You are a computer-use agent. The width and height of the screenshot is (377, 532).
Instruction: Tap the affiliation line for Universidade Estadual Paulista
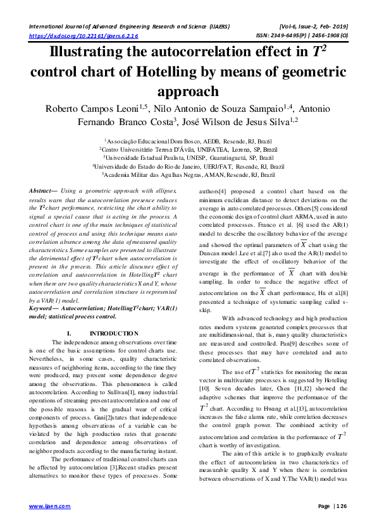click(188, 157)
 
